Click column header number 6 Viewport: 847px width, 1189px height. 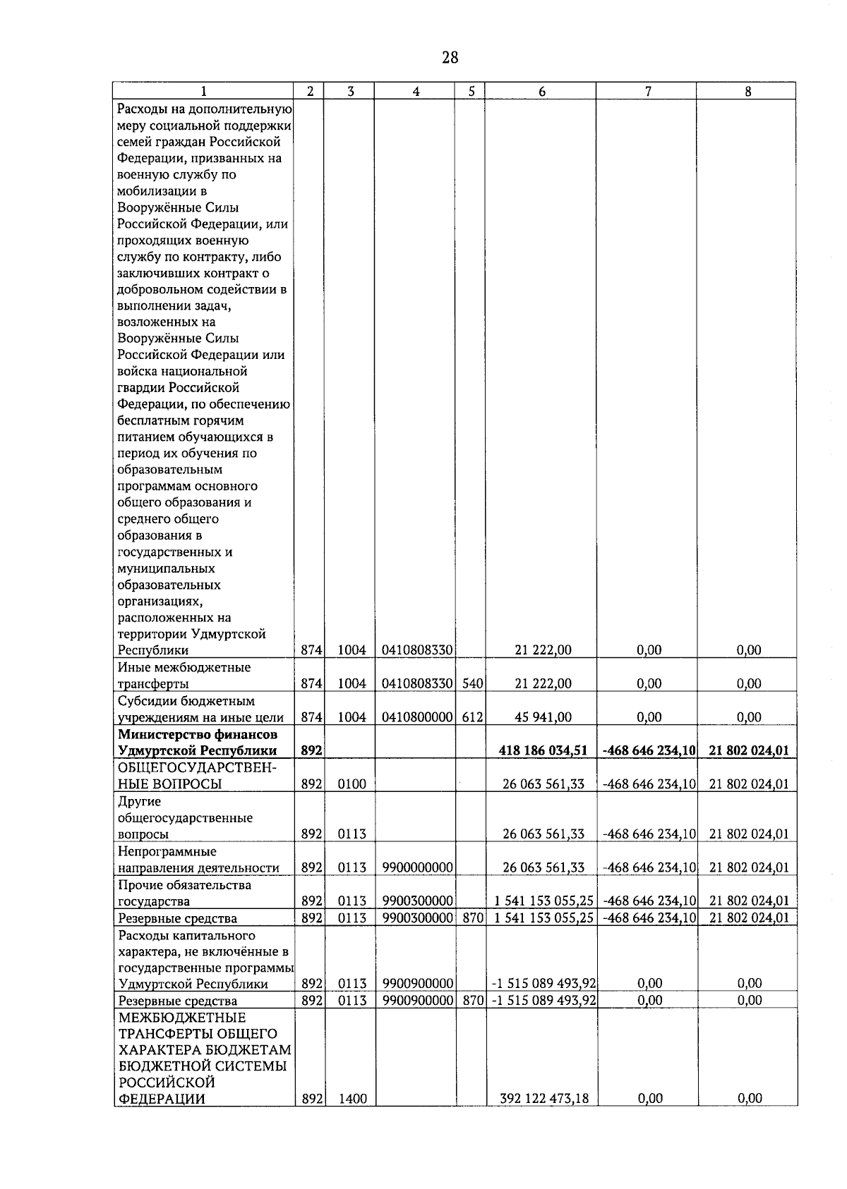[541, 92]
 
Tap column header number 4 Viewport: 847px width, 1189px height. [416, 92]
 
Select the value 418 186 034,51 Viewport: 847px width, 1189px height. [543, 750]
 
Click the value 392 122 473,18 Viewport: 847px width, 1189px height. [543, 1098]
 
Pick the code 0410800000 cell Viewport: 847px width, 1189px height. [417, 717]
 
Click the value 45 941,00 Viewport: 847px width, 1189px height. [543, 717]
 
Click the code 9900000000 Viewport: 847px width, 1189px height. [417, 867]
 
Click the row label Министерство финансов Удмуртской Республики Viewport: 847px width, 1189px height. [197, 743]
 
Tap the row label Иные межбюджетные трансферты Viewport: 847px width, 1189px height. [184, 675]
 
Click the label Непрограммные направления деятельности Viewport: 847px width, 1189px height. [198, 860]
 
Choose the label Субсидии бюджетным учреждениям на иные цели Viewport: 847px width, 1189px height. [200, 709]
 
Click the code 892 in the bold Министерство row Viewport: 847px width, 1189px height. [311, 750]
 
